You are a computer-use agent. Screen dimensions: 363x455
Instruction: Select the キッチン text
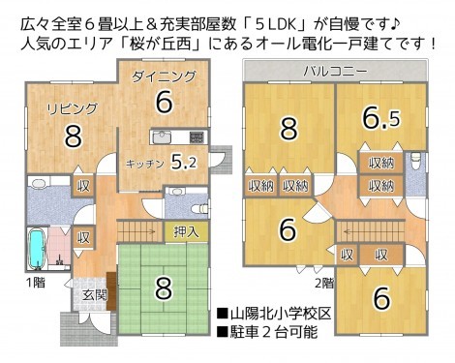[144, 164]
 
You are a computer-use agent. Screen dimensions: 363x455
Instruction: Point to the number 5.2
[184, 162]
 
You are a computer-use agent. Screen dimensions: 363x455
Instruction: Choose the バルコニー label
[334, 71]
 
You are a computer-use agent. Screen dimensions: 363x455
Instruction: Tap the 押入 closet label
[187, 231]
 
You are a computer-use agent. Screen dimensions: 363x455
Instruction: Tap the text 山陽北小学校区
[280, 315]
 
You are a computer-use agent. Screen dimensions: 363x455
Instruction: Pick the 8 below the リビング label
[72, 136]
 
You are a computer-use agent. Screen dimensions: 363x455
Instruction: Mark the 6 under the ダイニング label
[163, 102]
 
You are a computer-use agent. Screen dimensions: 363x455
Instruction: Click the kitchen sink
[163, 136]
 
